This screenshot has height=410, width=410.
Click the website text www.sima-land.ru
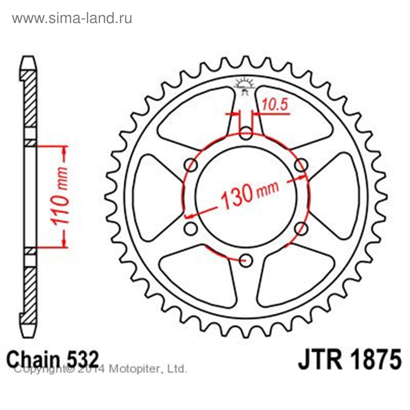tap(72, 18)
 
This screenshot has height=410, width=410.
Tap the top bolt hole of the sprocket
tap(246, 133)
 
